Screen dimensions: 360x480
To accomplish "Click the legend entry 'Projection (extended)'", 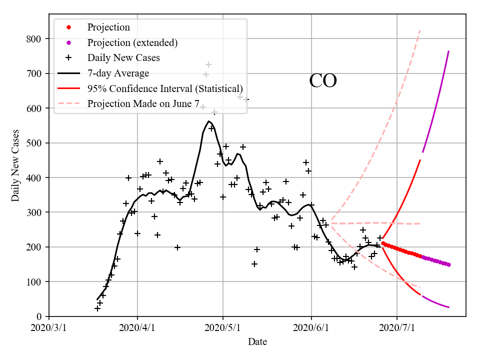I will [132, 42].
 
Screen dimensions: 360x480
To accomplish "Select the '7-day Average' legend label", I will [118, 73].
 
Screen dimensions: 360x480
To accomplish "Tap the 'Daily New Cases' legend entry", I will [123, 58].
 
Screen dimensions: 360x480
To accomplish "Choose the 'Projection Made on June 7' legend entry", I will [143, 104].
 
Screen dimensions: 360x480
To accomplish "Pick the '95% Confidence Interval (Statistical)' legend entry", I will [165, 89].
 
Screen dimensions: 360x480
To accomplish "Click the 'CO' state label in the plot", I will [323, 81].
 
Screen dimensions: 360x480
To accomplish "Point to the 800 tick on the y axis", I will [34, 39].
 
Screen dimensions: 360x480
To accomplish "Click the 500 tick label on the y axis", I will [34, 143].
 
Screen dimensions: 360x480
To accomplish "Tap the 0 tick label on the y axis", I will [39, 317].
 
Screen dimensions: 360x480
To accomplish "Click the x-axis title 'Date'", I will [257, 342].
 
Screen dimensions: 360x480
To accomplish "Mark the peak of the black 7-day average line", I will [208, 121].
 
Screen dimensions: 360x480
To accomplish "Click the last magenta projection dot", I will [448, 264].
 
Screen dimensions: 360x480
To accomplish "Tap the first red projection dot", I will [383, 243].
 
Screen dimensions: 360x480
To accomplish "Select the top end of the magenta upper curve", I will [448, 51].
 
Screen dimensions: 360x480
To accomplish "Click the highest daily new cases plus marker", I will [208, 64].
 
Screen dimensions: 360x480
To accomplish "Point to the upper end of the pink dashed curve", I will [420, 30].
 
